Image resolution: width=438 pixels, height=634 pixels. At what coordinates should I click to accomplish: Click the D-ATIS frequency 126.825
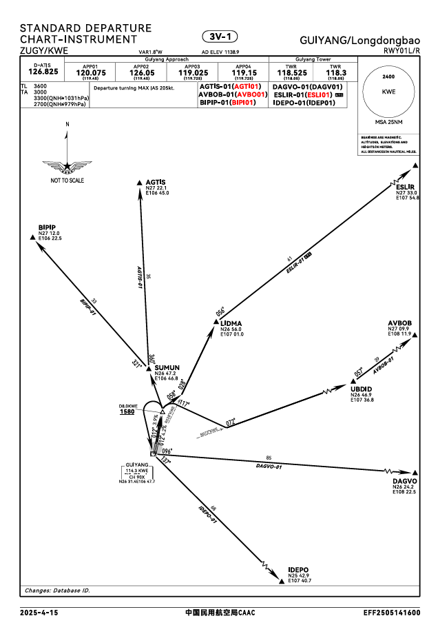click(x=42, y=71)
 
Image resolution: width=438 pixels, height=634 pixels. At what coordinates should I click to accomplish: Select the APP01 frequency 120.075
click(x=90, y=72)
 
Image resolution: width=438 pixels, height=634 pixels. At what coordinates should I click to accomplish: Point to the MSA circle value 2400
click(x=388, y=76)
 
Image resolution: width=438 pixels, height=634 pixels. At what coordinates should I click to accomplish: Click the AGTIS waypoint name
click(x=156, y=183)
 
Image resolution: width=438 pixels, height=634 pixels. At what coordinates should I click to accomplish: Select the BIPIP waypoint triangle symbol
click(x=33, y=238)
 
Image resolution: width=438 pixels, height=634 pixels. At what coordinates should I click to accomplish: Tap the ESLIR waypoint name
click(x=405, y=187)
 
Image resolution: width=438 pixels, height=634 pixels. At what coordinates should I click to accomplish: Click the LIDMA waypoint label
click(x=231, y=323)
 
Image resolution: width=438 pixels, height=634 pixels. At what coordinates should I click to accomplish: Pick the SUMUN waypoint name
click(x=167, y=368)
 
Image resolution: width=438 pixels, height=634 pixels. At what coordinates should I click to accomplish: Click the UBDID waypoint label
click(x=361, y=389)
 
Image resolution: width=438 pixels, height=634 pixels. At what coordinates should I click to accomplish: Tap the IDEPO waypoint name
click(x=298, y=569)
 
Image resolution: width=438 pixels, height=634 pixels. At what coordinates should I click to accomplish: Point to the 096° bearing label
click(x=167, y=451)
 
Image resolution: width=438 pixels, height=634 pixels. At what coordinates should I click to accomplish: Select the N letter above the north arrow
click(x=67, y=124)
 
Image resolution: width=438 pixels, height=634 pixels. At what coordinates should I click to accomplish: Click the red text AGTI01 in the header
click(x=247, y=86)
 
